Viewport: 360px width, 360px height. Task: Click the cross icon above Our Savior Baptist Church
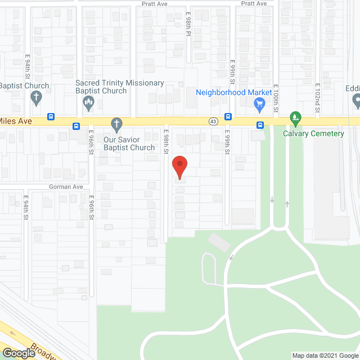[x=116, y=123]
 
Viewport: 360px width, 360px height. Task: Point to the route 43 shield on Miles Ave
[x=213, y=121]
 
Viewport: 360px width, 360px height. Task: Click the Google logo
[x=19, y=353]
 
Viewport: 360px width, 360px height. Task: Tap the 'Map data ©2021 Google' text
[x=324, y=355]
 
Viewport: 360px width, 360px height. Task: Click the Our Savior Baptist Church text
[x=129, y=143]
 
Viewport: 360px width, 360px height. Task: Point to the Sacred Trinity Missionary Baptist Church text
[x=120, y=87]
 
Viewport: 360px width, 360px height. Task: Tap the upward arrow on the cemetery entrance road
[x=287, y=204]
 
